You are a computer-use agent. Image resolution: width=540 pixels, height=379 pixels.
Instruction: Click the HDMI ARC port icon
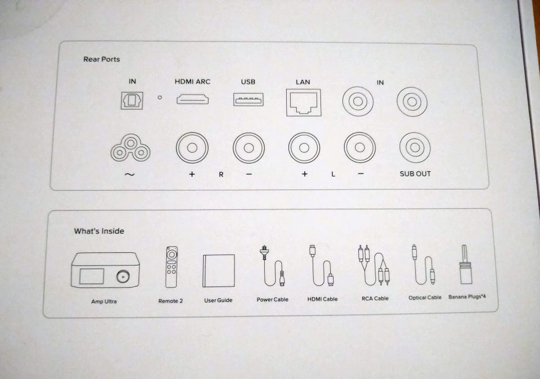[x=192, y=100]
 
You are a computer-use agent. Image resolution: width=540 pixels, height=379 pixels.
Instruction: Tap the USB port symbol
[x=248, y=100]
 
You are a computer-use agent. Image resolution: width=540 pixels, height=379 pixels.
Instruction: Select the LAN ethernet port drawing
[x=303, y=102]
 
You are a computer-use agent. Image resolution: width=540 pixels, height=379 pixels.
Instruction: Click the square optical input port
[x=132, y=100]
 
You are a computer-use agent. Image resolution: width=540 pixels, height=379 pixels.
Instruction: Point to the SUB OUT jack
[x=415, y=148]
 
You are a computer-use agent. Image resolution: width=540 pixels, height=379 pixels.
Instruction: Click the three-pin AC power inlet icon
[x=130, y=148]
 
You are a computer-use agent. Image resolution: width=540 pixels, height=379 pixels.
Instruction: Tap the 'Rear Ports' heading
[x=102, y=59]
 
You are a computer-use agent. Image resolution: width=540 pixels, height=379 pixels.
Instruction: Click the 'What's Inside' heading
[x=99, y=231]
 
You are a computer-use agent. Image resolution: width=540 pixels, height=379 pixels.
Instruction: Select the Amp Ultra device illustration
[x=105, y=270]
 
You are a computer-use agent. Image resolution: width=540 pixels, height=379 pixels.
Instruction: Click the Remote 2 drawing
[x=172, y=267]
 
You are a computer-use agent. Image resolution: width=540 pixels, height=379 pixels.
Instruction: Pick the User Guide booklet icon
[x=219, y=271]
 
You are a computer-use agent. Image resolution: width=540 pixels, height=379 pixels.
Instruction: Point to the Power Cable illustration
[x=272, y=266]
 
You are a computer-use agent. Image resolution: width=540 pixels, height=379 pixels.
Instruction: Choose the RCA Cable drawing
[x=373, y=265]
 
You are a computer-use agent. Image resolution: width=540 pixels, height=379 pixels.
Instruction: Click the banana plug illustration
[x=466, y=265]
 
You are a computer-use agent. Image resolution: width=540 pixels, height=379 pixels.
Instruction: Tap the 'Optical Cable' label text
[x=425, y=297]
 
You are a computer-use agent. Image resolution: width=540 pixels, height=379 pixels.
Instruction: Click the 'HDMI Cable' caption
[x=322, y=299]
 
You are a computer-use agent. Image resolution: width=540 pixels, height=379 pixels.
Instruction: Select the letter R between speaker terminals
[x=221, y=175]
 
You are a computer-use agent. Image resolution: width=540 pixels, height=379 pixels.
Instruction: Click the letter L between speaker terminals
[x=333, y=174]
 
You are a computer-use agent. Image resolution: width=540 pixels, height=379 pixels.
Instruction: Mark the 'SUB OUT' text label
[x=415, y=174]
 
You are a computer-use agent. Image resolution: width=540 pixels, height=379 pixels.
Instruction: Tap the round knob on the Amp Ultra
[x=123, y=277]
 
